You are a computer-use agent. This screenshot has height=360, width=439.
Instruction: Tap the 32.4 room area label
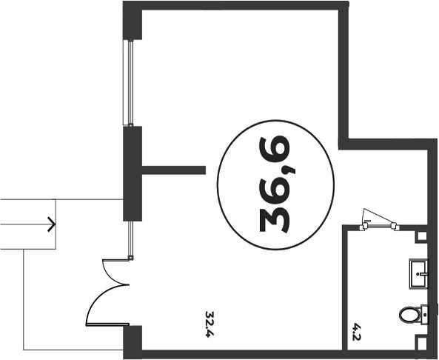pos(210,324)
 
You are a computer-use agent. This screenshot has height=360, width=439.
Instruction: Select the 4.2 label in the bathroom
pos(356,332)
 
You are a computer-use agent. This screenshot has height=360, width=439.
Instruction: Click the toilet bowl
pos(410,315)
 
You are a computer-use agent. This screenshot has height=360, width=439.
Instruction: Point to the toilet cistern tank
pos(425,315)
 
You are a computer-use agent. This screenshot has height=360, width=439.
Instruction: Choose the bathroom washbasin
pos(419,274)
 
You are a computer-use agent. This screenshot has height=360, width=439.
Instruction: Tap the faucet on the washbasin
pos(423,274)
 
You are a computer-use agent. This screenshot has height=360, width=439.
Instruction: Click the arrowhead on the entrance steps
pos(52,224)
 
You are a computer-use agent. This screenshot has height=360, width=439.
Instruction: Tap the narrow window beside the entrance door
pos(130,240)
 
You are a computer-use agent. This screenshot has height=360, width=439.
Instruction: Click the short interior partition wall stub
pos(174,170)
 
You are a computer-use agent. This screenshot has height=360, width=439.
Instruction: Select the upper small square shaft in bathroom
pos(422,236)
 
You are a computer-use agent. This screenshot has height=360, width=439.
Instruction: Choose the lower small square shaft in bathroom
pos(422,342)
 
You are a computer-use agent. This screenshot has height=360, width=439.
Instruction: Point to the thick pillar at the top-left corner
pos(133,21)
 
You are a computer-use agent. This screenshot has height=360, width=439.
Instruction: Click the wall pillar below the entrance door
pos(133,342)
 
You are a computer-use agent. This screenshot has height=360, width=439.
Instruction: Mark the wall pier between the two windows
pos(133,173)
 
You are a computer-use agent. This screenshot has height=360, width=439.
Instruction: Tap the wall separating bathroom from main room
pos(345,287)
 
